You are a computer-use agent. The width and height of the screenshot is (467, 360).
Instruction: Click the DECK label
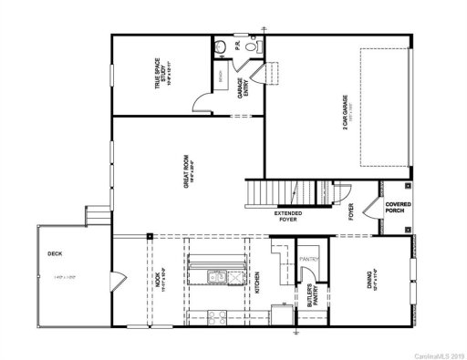[x=55, y=254]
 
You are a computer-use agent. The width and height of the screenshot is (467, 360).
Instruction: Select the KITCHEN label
[x=258, y=281]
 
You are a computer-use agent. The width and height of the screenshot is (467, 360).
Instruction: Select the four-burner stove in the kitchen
[x=216, y=318]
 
